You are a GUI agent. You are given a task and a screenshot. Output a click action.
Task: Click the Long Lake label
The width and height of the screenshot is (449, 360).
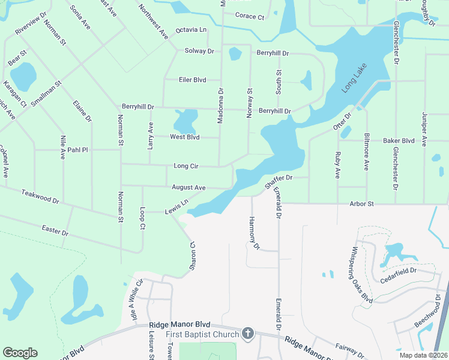(x=354, y=77)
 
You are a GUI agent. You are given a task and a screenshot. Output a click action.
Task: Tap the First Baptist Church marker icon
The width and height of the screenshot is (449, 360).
(x=248, y=334)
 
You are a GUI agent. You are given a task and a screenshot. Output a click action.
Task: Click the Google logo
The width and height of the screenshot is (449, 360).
(x=20, y=353)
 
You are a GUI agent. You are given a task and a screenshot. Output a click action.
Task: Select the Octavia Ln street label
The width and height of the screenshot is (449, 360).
(x=191, y=30)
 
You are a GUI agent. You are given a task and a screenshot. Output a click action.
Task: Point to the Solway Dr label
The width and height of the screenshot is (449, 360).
(x=199, y=51)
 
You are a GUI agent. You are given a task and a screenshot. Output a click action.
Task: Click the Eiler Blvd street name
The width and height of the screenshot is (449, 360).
(x=192, y=80)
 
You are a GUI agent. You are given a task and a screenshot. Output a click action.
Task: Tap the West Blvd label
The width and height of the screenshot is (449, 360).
(x=184, y=137)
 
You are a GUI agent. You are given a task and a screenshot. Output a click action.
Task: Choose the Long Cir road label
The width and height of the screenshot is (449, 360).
(x=185, y=166)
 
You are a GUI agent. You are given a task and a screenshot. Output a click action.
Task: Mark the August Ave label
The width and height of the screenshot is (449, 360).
(x=188, y=188)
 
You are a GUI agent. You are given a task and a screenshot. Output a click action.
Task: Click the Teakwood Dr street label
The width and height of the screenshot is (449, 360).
(x=40, y=196)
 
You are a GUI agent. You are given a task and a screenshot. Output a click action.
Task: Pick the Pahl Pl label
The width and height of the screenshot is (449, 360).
(x=77, y=150)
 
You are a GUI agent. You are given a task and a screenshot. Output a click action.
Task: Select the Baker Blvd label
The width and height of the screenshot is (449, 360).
(x=399, y=140)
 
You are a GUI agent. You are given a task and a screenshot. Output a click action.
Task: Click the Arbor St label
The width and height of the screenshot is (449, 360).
(x=362, y=204)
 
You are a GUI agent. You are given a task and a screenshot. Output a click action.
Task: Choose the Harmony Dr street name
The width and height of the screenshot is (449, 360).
(x=253, y=233)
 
